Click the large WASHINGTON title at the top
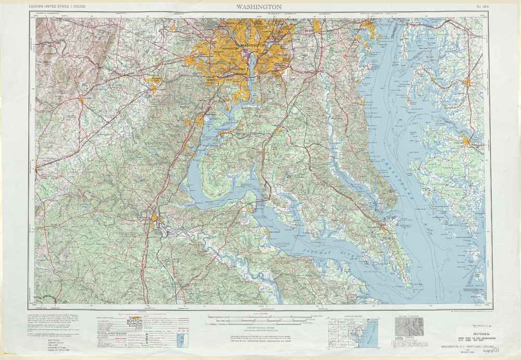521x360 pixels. pos(259,7)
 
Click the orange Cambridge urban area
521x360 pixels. pos(467,140)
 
